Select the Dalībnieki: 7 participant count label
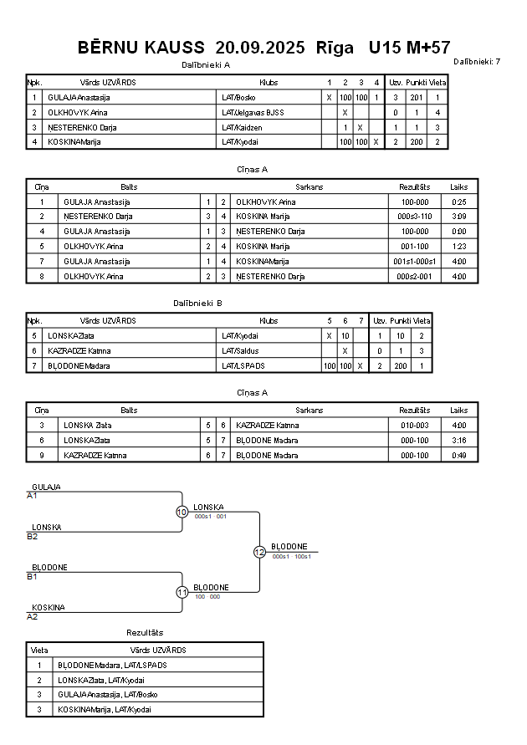pos(477,61)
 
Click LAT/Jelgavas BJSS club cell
pos(253,112)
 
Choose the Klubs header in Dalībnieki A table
pos(269,83)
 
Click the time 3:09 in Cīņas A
pos(458,217)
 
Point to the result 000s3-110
pos(414,217)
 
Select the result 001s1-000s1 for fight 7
pos(414,262)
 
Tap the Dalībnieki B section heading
pos(197,303)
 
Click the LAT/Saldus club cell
pos(240,350)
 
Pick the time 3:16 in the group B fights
pos(458,440)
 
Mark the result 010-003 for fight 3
pos(414,425)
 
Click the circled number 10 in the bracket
pos(182,512)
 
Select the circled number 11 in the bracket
pos(182,592)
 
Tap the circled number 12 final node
pos(259,552)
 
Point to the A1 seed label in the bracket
pos(33,496)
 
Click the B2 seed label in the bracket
pos(33,536)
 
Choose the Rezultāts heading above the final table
pos(145,633)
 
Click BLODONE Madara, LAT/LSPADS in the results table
pos(112,665)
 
